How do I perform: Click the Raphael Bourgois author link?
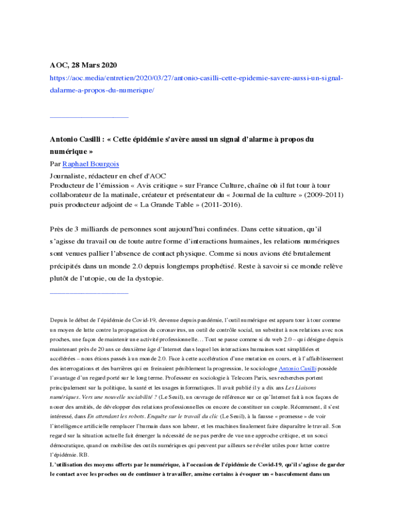pos(91,164)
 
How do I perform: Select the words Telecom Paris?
pos(222,378)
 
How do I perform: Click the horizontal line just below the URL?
pos(89,118)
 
